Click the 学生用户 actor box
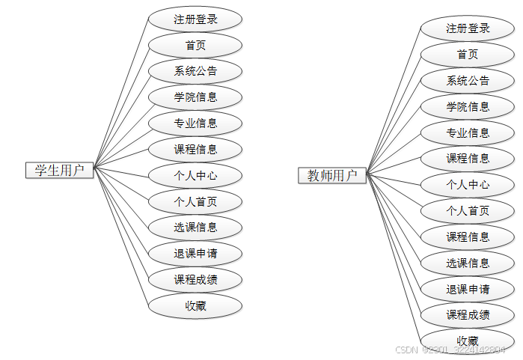tap(60, 170)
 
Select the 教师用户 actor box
tap(332, 175)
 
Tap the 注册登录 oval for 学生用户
tap(195, 19)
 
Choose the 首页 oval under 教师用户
tap(468, 55)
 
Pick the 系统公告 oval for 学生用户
tap(195, 71)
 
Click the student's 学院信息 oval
tap(195, 97)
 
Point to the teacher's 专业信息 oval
tap(468, 132)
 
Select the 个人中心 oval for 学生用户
tap(195, 175)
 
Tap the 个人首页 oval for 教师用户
tap(468, 211)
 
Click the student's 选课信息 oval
tap(195, 228)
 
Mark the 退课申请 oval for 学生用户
tap(195, 254)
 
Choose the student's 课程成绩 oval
tap(195, 280)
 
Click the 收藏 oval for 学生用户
tap(195, 305)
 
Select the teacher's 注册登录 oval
tap(468, 28)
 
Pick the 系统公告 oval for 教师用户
tap(468, 81)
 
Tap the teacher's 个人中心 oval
tap(468, 185)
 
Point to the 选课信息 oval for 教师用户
tap(468, 263)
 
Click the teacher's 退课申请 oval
tap(468, 289)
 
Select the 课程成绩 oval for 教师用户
tap(468, 314)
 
